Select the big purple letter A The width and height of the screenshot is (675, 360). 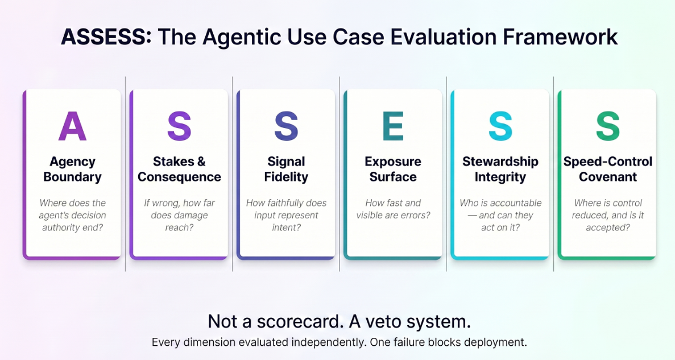coord(72,126)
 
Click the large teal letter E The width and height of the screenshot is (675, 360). coord(393,126)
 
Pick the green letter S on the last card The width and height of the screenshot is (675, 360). coord(607,126)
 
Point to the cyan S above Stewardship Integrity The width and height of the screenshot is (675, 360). coord(500,126)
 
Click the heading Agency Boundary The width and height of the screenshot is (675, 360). coord(72,169)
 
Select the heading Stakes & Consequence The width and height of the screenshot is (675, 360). coord(179,169)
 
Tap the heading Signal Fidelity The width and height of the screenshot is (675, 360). coord(286,169)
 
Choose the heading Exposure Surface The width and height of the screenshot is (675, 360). coord(393,169)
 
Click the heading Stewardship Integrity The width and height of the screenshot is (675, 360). coord(500,169)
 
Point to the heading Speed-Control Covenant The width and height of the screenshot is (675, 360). coord(608,169)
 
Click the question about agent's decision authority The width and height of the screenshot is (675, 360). coord(72,215)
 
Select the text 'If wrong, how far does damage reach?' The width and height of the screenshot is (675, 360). coord(179,215)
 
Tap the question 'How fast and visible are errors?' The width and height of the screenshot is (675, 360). coord(393,209)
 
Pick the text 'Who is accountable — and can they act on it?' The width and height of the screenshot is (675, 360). coord(500,215)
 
